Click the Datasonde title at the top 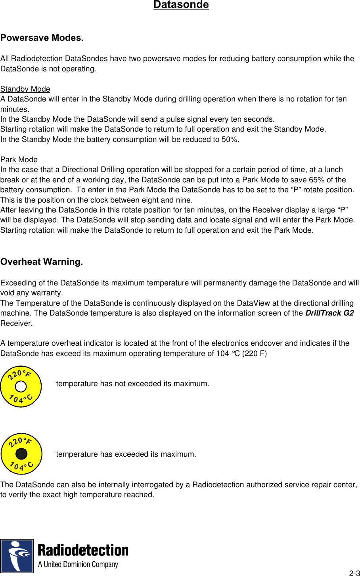click(181, 5)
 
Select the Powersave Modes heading click(42, 38)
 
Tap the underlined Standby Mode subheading click(25, 89)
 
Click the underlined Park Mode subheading click(19, 160)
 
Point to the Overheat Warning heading click(42, 262)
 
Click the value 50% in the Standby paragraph click(230, 140)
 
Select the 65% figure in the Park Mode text click(316, 180)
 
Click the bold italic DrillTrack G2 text click(329, 313)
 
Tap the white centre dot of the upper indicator click(21, 387)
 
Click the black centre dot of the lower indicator click(21, 454)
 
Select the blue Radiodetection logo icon click(17, 555)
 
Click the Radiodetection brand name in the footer click(83, 551)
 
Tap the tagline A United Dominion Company click(78, 565)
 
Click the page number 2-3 click(354, 573)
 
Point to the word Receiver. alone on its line click(16, 323)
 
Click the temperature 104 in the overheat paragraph click(222, 354)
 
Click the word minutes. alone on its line click(15, 109)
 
